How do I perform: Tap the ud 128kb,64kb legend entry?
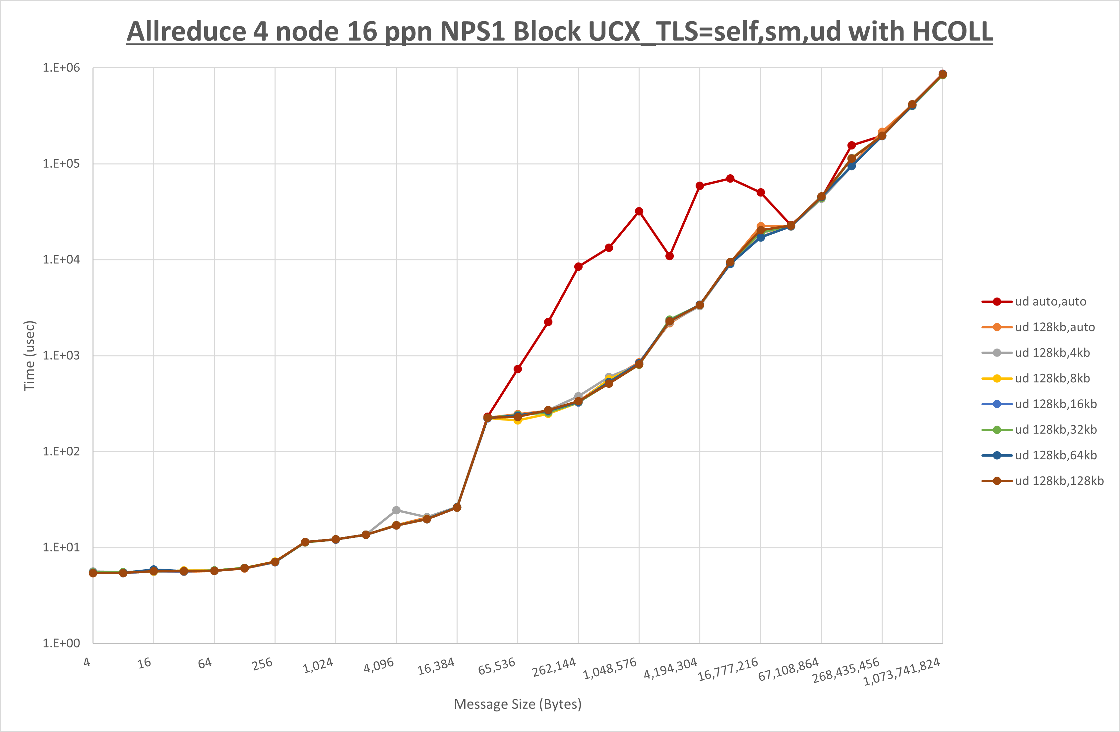(1056, 455)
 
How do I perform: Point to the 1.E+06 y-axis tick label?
(61, 68)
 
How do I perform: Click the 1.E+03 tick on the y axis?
(61, 355)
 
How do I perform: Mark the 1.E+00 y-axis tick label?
(61, 643)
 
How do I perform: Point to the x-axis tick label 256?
(262, 664)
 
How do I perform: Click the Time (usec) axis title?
(29, 356)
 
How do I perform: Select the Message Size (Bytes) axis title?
(518, 704)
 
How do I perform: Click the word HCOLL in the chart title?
(953, 31)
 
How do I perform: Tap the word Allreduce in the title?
(186, 31)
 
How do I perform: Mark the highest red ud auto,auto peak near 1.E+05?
(730, 179)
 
